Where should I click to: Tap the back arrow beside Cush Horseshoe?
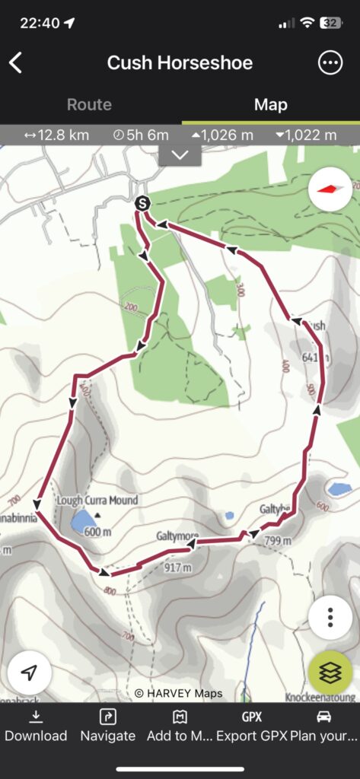coord(16,62)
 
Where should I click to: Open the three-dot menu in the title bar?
coord(330,63)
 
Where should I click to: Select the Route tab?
coord(89,105)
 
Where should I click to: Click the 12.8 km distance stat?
coord(56,135)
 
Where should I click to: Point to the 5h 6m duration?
coord(141,135)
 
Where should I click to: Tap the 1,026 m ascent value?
coord(222,135)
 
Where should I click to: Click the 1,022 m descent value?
coord(306,135)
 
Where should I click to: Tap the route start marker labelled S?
coord(142,203)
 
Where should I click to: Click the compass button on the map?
coord(330,189)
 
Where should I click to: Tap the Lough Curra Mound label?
coord(97,501)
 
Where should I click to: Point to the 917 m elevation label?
coord(177,567)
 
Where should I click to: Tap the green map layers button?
coord(330,673)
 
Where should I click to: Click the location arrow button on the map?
coord(30,673)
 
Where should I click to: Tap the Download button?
coord(36,726)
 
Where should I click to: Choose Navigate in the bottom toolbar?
coord(107,726)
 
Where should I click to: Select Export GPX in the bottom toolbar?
coord(251,726)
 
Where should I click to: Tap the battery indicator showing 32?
coord(331,23)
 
